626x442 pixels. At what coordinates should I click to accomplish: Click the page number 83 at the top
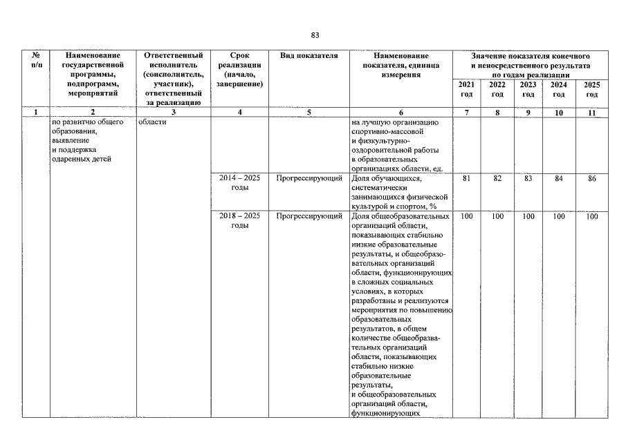tap(315, 35)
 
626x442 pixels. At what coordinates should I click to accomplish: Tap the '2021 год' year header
tap(467, 89)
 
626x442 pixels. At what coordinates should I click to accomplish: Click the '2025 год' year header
tap(591, 89)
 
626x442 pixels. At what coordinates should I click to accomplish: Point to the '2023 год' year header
tap(528, 89)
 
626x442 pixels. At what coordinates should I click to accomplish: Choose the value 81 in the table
tap(467, 179)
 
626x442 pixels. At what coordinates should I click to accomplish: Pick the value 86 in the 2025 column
tap(591, 179)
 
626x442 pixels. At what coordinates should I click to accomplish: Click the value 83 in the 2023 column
tap(528, 179)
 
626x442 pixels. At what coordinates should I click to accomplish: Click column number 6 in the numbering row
tap(401, 112)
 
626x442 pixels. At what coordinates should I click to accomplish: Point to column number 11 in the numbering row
tap(591, 112)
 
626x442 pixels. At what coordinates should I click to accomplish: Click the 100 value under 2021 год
tap(467, 217)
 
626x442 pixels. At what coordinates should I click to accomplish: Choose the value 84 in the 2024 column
tap(559, 179)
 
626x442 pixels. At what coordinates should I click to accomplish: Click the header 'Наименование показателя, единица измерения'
tap(401, 65)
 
